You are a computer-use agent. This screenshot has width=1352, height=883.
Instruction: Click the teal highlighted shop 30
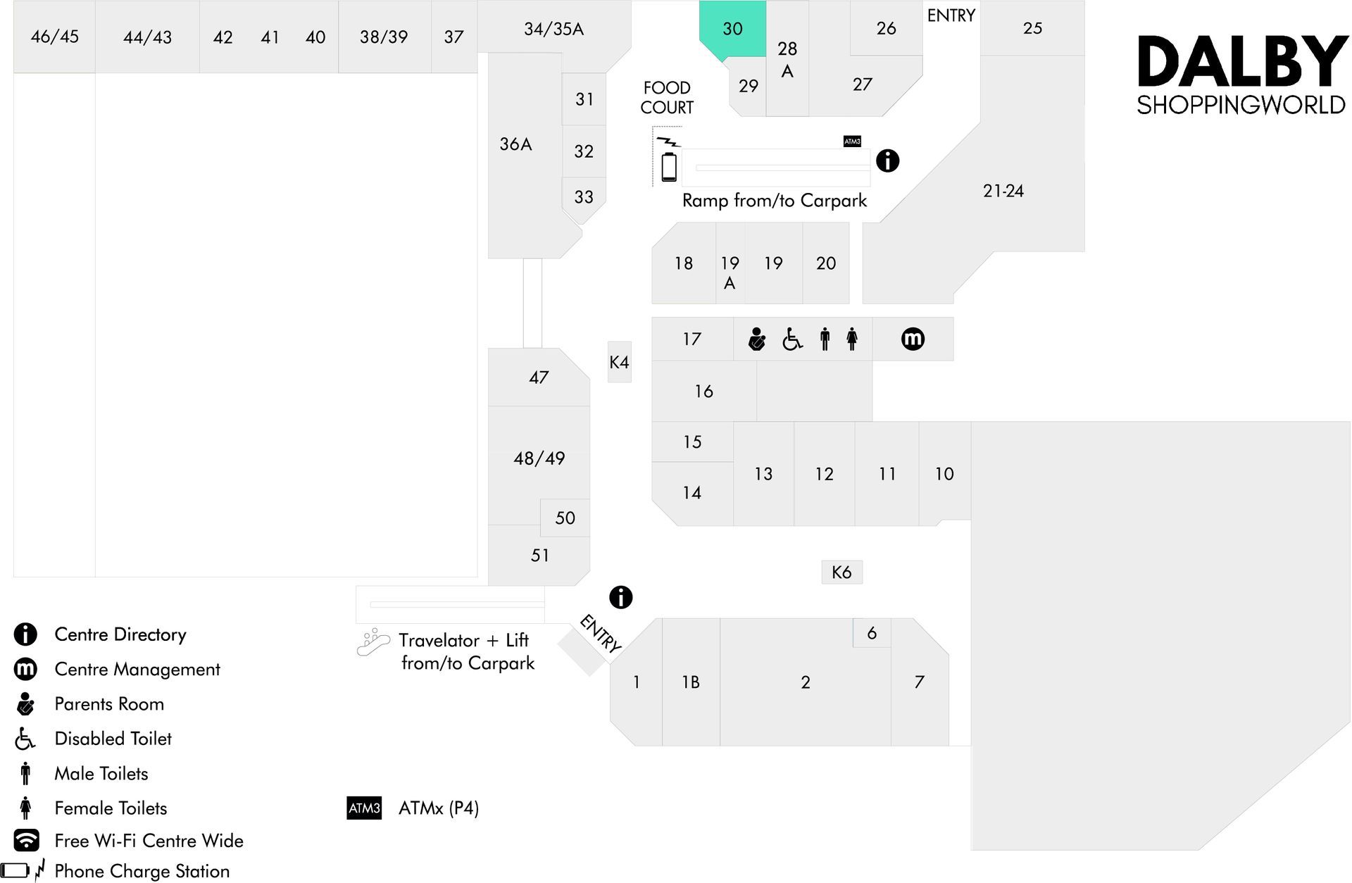[x=732, y=29]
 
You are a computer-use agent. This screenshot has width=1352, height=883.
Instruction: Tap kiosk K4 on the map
[x=619, y=362]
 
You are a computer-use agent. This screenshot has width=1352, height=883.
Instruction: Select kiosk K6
[x=841, y=572]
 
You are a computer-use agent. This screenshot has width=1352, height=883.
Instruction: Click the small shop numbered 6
[x=872, y=633]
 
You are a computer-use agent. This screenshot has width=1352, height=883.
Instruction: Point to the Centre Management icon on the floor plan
[x=913, y=339]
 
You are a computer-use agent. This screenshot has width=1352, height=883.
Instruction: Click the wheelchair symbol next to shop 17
[x=792, y=339]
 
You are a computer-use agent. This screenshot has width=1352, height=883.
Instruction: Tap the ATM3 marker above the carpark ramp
[x=852, y=142]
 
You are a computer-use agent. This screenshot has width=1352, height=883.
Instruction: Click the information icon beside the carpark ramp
[x=887, y=161]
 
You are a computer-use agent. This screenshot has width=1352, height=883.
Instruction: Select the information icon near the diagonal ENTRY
[x=620, y=597]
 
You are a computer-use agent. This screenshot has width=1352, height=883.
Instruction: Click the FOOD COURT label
[x=667, y=98]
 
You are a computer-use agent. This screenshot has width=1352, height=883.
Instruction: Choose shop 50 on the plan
[x=565, y=518]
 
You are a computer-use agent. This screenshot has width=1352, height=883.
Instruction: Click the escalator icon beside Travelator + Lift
[x=373, y=642]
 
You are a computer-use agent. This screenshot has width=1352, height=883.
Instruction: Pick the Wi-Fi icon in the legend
[x=27, y=839]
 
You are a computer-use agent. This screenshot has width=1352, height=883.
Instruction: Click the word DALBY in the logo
[x=1242, y=63]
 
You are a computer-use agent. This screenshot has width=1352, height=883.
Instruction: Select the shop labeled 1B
[x=691, y=682]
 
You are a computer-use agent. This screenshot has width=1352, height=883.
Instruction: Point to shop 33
[x=584, y=197]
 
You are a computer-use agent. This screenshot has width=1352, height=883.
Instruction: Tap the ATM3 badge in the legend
[x=364, y=808]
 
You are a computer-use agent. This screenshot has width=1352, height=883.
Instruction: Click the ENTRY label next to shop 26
[x=951, y=15]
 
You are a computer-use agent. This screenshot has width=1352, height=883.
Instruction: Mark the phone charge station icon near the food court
[x=669, y=160]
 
